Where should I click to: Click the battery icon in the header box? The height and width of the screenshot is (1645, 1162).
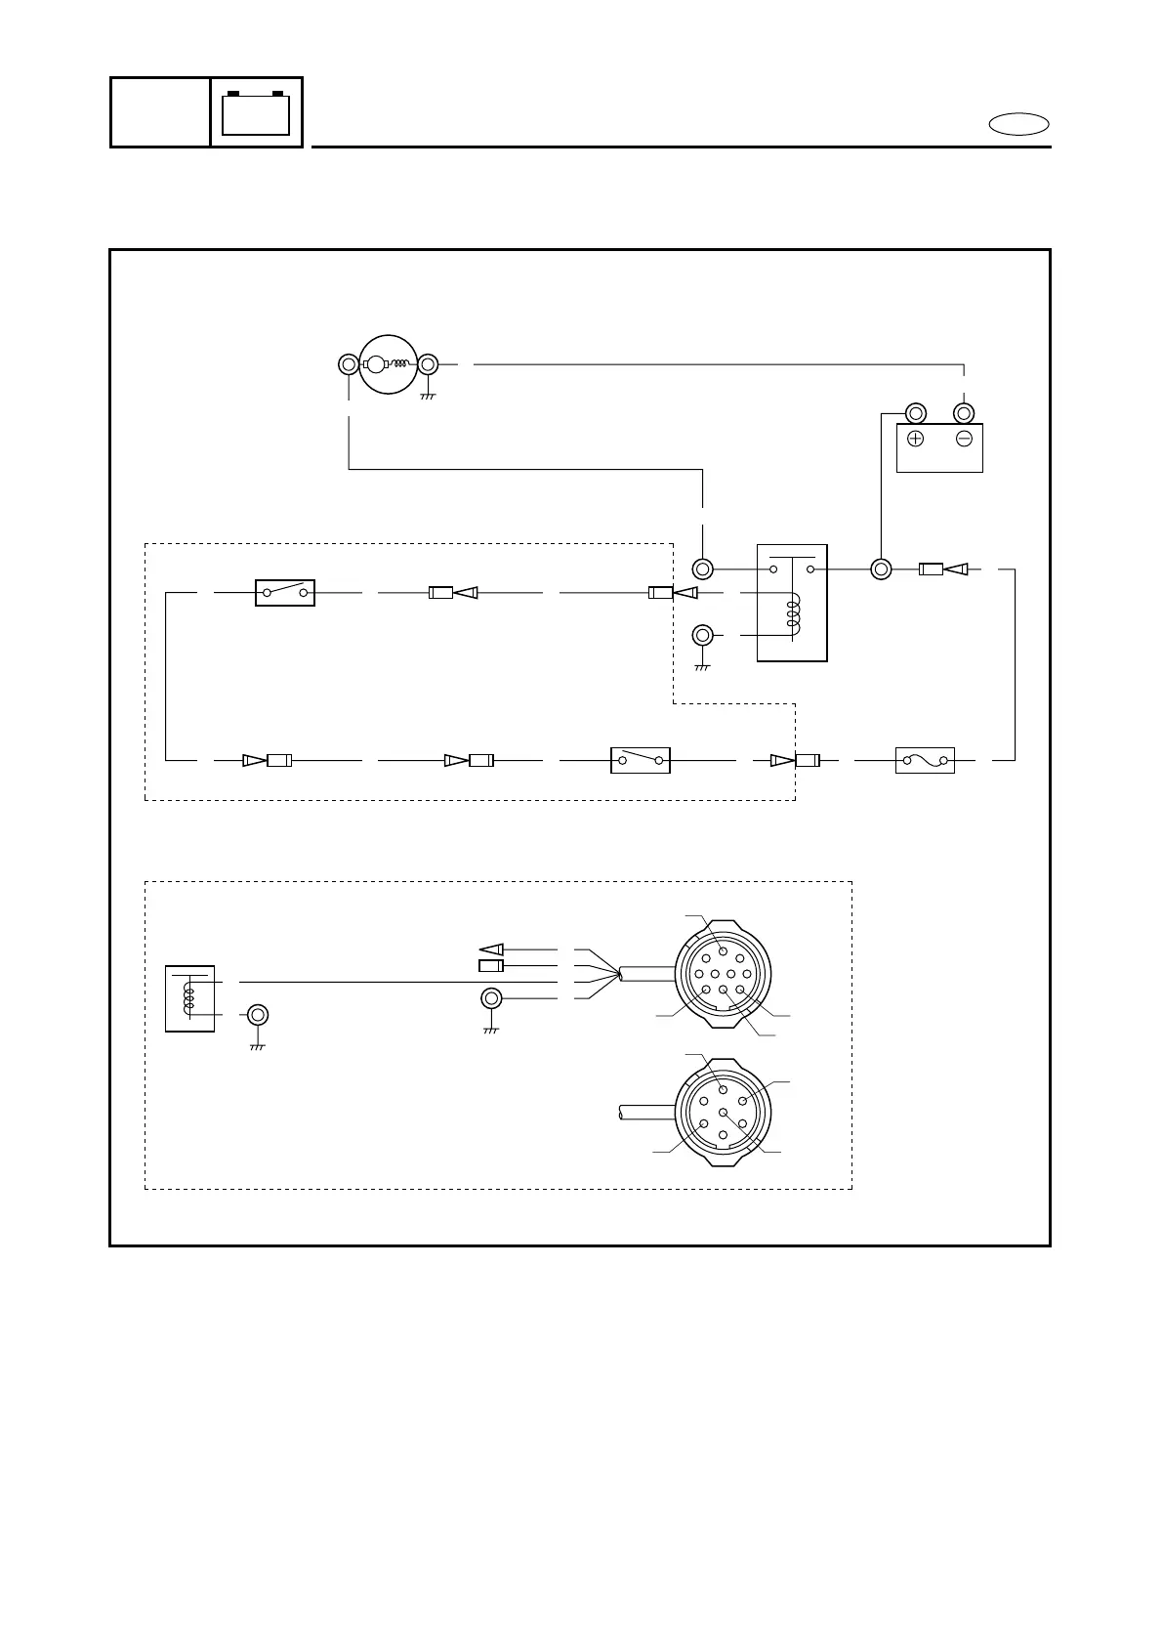256,112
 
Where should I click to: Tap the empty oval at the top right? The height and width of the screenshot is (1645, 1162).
1018,124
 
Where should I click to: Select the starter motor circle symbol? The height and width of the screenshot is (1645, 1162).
388,364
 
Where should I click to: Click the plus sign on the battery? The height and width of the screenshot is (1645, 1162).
915,439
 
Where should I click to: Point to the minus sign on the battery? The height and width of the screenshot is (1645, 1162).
964,439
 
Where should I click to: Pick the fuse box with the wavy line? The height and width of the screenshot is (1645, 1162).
924,760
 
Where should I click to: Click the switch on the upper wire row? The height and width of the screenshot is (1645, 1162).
284,592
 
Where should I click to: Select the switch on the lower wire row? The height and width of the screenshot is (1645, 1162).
640,760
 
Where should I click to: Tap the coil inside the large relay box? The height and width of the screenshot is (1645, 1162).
793,612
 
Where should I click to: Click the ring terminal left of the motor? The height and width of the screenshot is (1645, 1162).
349,364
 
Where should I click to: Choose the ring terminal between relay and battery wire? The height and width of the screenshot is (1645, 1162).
881,569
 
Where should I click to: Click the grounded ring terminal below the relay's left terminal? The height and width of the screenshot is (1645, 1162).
702,636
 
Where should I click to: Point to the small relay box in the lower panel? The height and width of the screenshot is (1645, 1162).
189,998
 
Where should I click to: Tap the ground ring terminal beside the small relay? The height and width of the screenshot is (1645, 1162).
257,1015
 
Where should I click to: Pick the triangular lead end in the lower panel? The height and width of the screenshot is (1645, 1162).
491,949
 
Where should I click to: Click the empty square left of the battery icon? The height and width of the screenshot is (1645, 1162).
160,112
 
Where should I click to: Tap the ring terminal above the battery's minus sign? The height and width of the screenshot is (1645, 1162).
964,411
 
